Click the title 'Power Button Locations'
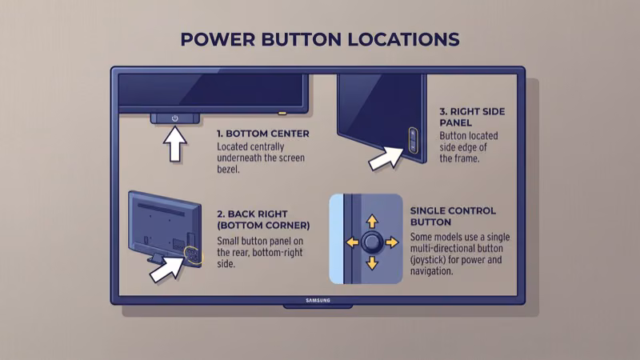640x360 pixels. pyautogui.click(x=320, y=39)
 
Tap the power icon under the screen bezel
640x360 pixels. pyautogui.click(x=175, y=118)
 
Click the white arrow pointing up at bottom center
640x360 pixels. pyautogui.click(x=175, y=143)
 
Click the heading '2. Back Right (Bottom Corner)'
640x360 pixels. pyautogui.click(x=263, y=220)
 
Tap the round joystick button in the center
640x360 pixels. pyautogui.click(x=371, y=242)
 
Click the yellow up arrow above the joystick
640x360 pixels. pyautogui.click(x=371, y=219)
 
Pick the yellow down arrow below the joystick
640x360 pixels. pyautogui.click(x=371, y=264)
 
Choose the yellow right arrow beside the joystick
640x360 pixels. pyautogui.click(x=391, y=242)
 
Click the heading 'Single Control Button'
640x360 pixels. pyautogui.click(x=452, y=216)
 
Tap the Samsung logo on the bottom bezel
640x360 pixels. pyautogui.click(x=318, y=301)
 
